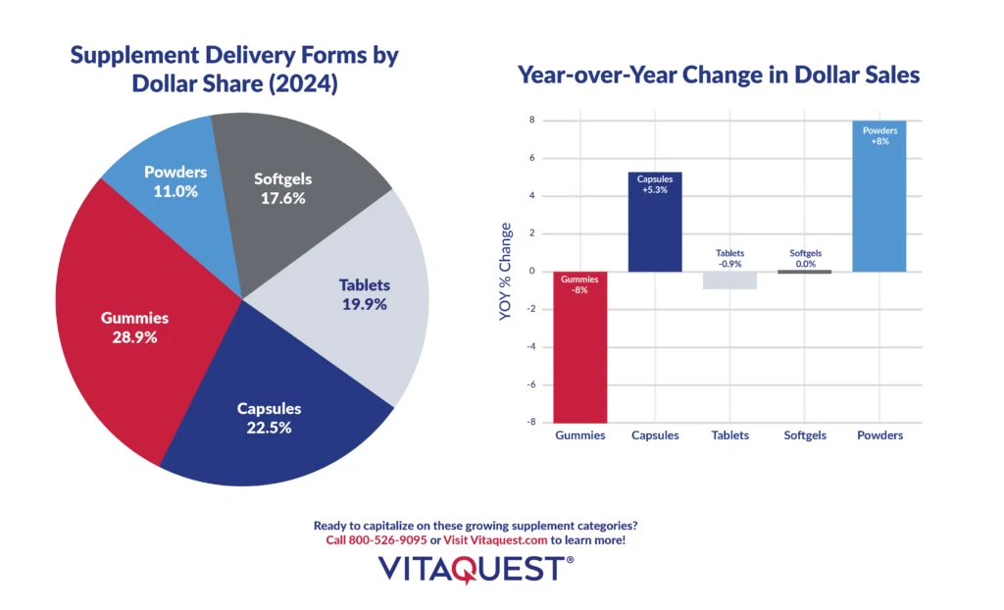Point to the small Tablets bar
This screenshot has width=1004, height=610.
[x=729, y=280]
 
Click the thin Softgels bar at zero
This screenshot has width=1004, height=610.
[x=804, y=272]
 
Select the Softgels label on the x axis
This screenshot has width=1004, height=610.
[x=804, y=435]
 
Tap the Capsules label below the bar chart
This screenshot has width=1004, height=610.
[x=655, y=435]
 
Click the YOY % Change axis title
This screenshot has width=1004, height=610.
[x=506, y=272]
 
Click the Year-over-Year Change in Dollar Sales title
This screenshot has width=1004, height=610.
[x=718, y=75]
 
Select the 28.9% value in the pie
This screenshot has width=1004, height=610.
[x=135, y=336]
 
